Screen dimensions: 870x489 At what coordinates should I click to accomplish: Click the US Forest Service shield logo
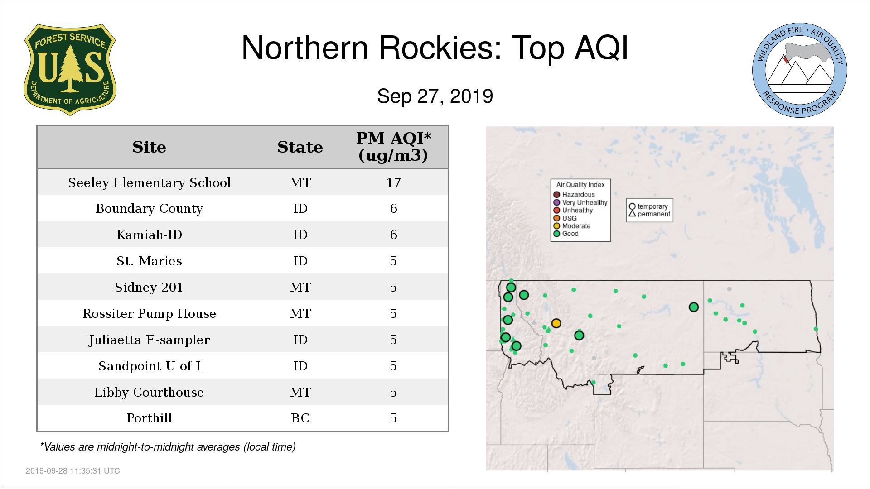coord(70,70)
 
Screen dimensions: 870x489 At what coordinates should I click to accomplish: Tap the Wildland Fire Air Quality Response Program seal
coord(800,70)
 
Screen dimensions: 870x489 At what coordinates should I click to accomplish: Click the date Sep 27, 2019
coord(435,96)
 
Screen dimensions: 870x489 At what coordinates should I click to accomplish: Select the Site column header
coord(149,147)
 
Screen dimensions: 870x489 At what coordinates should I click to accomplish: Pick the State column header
coord(300,147)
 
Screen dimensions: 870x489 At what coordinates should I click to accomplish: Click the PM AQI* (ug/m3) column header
coord(393,147)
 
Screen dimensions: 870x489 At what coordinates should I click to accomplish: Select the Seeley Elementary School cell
coord(149,182)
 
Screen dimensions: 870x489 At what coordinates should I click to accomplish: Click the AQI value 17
coord(393,182)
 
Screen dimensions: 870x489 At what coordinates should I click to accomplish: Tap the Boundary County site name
coord(149,209)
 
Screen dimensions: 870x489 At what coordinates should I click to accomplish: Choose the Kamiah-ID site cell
coord(149,235)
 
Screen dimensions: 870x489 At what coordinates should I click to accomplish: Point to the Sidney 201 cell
coord(149,287)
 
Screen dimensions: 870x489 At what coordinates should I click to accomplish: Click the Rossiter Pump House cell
coord(149,313)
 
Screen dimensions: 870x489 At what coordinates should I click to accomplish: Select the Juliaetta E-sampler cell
coord(149,340)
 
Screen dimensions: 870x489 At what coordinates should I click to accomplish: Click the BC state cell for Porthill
coord(300,418)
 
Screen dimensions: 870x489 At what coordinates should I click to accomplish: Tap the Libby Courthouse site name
coord(149,392)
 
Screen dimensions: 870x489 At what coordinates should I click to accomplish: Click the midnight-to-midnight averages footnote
coord(168,447)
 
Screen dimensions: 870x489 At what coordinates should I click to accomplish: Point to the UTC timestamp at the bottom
coord(73,471)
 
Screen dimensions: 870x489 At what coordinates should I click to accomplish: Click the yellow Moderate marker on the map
coord(556,323)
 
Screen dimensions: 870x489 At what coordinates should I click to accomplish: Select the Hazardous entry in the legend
coord(574,195)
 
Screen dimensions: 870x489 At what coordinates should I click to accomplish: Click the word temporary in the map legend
coord(652,206)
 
